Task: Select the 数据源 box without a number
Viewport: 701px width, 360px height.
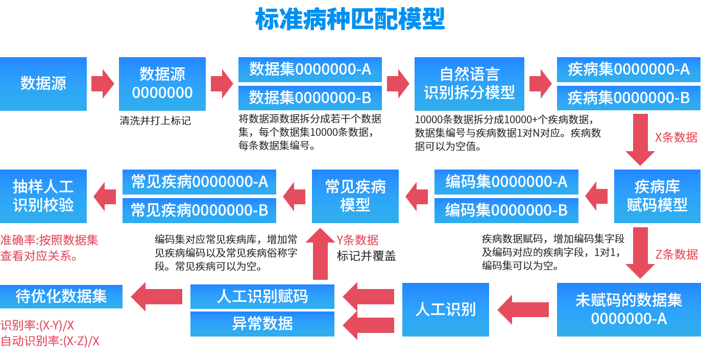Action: pos(43,84)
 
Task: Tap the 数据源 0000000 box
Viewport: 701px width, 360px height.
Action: pos(162,84)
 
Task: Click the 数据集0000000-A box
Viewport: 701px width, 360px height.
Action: pos(310,69)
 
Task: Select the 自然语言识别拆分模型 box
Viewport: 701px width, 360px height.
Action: pos(469,84)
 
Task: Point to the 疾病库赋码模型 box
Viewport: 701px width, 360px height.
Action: pos(657,196)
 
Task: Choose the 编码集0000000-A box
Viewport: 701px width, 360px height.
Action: pos(506,182)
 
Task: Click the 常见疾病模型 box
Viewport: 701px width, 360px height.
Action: pos(355,196)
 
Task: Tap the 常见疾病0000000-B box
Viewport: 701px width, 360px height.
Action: pos(199,210)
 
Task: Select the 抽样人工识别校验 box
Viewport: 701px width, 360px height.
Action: pos(43,196)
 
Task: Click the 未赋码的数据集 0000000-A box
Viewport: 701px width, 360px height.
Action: pos(629,309)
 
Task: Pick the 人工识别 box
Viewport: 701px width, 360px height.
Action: pos(445,309)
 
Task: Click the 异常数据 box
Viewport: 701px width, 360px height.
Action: pos(262,324)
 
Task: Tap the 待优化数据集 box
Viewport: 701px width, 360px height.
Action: pos(61,297)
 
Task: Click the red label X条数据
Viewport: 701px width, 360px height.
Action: pos(676,137)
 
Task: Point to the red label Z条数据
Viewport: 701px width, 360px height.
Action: pos(676,254)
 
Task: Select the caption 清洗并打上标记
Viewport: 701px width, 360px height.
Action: pos(155,122)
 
